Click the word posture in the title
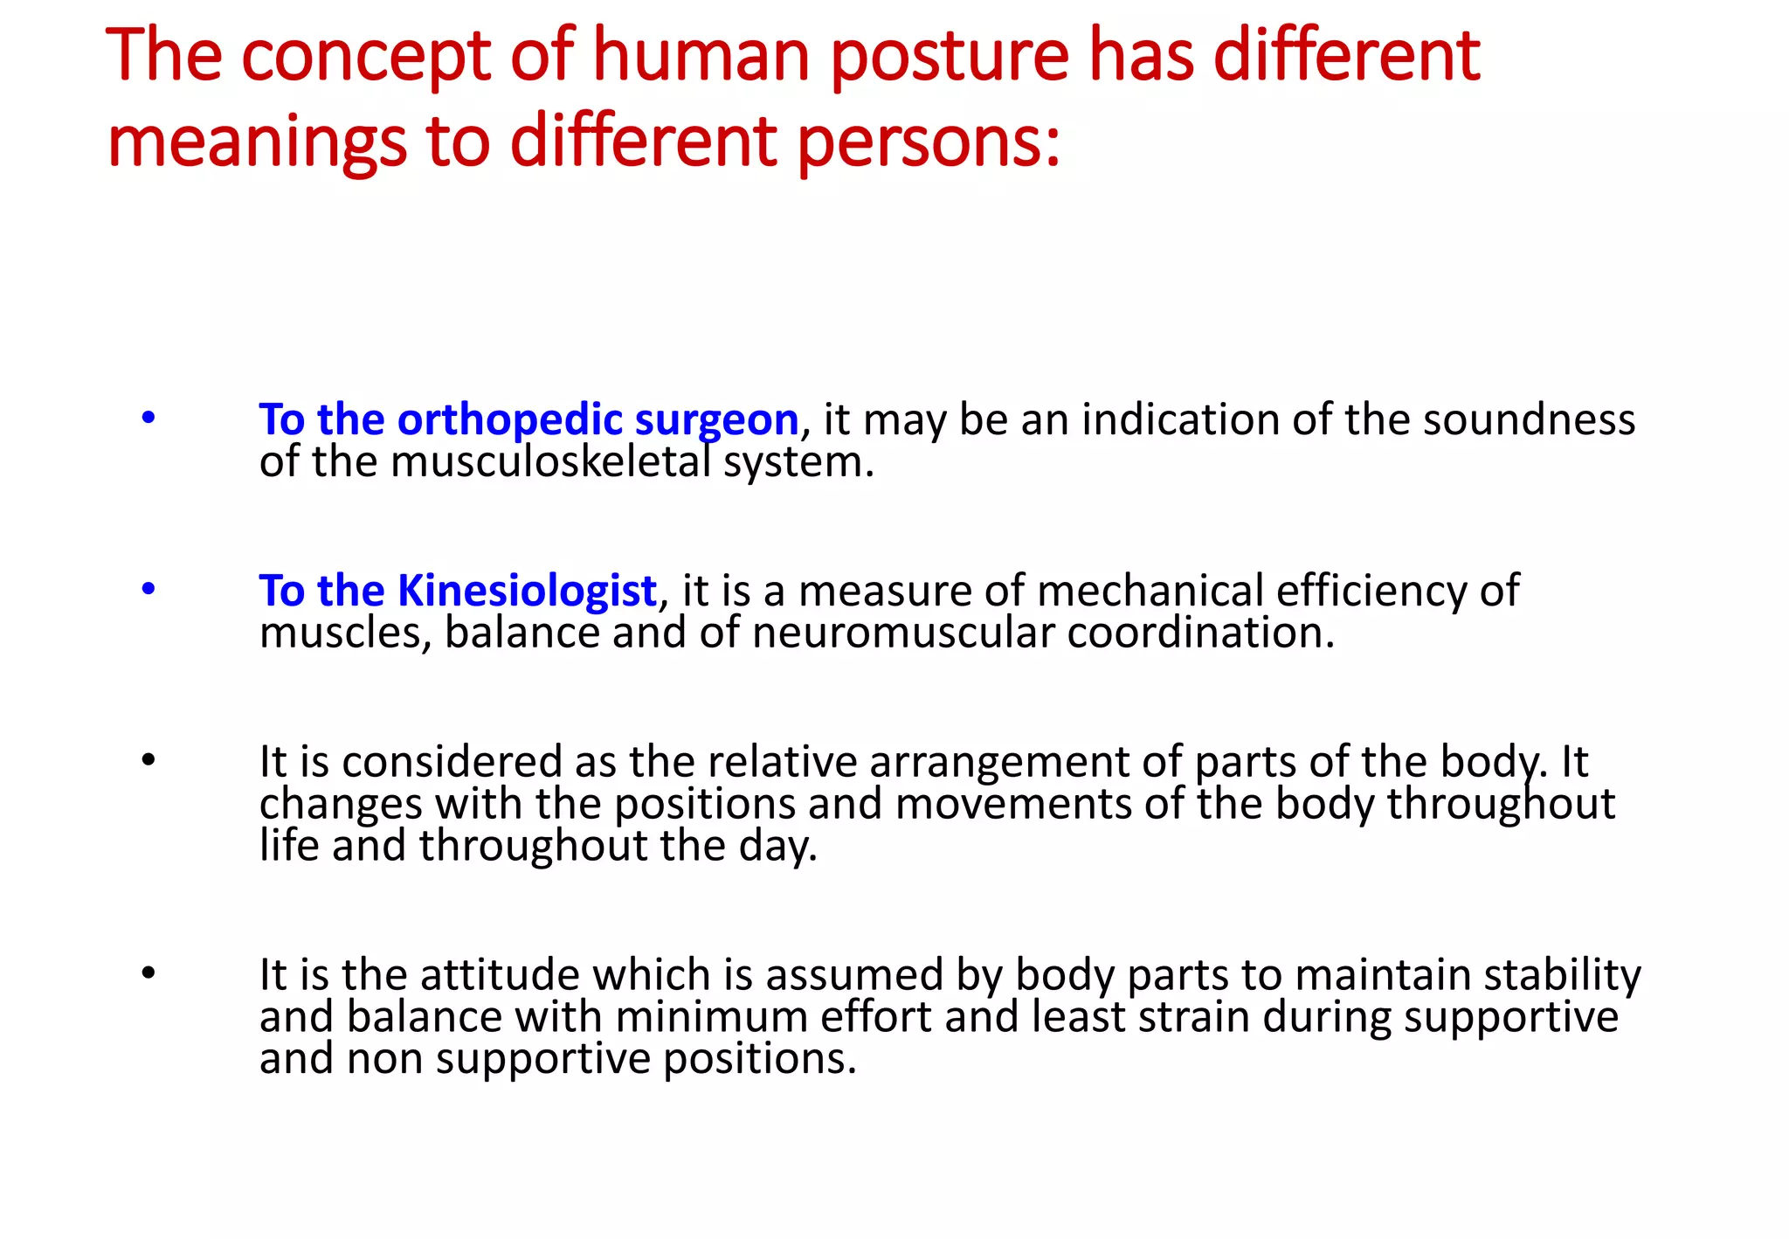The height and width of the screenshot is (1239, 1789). tap(949, 58)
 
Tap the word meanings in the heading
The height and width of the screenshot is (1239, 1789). tap(257, 143)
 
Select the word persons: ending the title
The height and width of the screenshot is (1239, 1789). tap(928, 143)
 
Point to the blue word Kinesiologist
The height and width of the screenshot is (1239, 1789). tap(527, 591)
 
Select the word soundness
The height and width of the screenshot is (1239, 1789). tap(1529, 420)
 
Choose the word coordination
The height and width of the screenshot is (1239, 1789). tap(1200, 633)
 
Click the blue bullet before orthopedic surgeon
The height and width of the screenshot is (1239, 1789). tap(149, 419)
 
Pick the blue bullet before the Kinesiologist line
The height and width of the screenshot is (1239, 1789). tap(149, 590)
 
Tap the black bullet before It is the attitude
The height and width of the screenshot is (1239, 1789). tap(149, 973)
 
